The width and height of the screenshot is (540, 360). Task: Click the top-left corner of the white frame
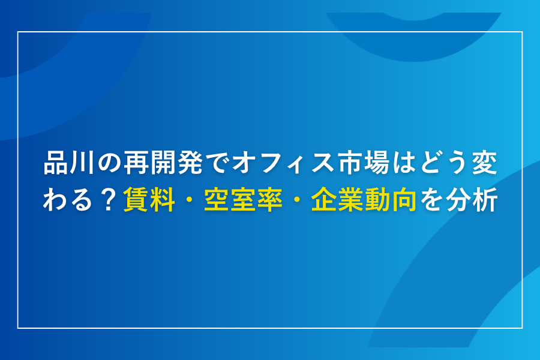pos(18,32)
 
